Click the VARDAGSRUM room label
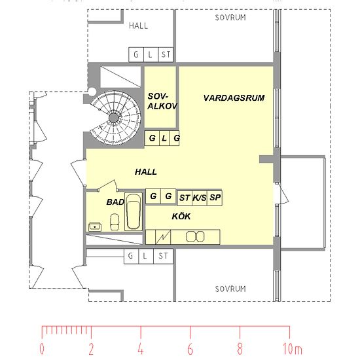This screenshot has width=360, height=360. pos(234,98)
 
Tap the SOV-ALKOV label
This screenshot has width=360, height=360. pos(162,101)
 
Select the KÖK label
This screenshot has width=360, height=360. pos(181,216)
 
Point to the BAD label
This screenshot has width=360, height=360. pos(115,202)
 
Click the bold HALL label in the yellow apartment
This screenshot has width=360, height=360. pos(146,171)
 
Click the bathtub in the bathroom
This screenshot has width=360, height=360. pos(134,211)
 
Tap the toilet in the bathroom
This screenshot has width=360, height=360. pos(115,222)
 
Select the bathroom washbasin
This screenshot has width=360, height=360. pos(95,227)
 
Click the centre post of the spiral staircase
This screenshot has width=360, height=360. pos(114,118)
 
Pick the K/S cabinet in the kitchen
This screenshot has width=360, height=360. pos(200,198)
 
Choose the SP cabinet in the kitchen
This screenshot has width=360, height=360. pos(215,198)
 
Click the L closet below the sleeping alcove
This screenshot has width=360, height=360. pos(164,138)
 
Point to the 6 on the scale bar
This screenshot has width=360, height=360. pos(190,349)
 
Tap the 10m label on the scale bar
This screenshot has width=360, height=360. pos(293,349)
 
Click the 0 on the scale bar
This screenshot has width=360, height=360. pos(42,349)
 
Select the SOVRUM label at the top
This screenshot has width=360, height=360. pos(230,18)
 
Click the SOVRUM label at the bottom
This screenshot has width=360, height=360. pos(230,289)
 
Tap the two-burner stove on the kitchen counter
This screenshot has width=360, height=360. pos(195,237)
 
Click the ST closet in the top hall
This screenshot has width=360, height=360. pos(166,54)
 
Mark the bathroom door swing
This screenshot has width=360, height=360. pos(108,185)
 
